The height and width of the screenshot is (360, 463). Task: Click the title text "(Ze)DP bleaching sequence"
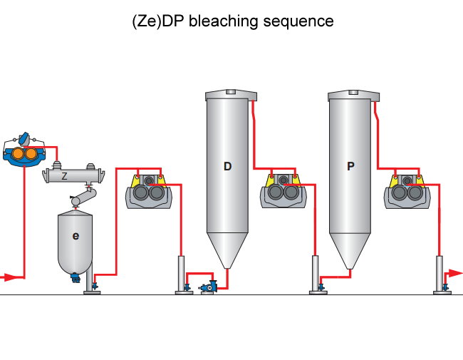point(232,21)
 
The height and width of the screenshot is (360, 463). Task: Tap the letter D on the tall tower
point(227,166)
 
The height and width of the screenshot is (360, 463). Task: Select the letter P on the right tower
point(350,166)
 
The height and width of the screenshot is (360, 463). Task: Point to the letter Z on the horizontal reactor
point(64,175)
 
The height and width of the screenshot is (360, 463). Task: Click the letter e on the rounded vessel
point(76,235)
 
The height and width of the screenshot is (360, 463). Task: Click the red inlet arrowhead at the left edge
point(8,277)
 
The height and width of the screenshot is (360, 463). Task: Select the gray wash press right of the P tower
point(407,191)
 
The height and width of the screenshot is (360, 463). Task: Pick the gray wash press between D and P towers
point(284,191)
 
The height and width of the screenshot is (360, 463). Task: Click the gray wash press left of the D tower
point(149,191)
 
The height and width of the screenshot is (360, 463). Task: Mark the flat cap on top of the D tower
point(230,95)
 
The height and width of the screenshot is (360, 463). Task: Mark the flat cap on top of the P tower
point(353,95)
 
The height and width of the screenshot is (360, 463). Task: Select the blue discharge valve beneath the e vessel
point(76,279)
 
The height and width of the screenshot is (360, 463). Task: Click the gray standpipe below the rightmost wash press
point(439,272)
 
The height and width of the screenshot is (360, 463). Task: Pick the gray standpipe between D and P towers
point(316,272)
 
